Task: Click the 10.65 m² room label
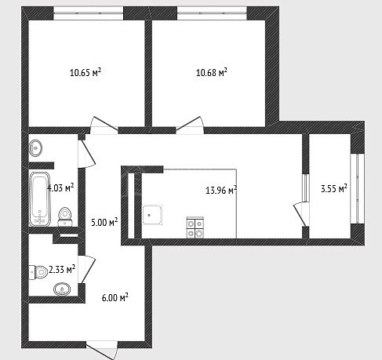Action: click(85, 72)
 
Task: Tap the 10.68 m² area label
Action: click(212, 72)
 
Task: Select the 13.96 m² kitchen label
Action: click(221, 190)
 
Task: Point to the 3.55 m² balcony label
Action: click(334, 188)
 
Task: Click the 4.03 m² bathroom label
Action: click(60, 187)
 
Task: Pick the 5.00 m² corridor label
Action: click(104, 223)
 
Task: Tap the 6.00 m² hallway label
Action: click(115, 297)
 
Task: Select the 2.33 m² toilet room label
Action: click(62, 269)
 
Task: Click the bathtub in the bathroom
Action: click(40, 198)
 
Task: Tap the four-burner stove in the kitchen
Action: click(195, 227)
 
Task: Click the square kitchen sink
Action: click(152, 215)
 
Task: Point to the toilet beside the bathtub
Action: click(64, 216)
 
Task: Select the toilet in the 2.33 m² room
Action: click(38, 272)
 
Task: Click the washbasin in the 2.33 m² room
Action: click(62, 289)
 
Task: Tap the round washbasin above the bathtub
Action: click(35, 148)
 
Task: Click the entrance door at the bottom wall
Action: click(101, 350)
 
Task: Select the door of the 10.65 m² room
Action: click(104, 125)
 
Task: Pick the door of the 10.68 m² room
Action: click(190, 125)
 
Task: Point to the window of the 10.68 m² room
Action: click(212, 13)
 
